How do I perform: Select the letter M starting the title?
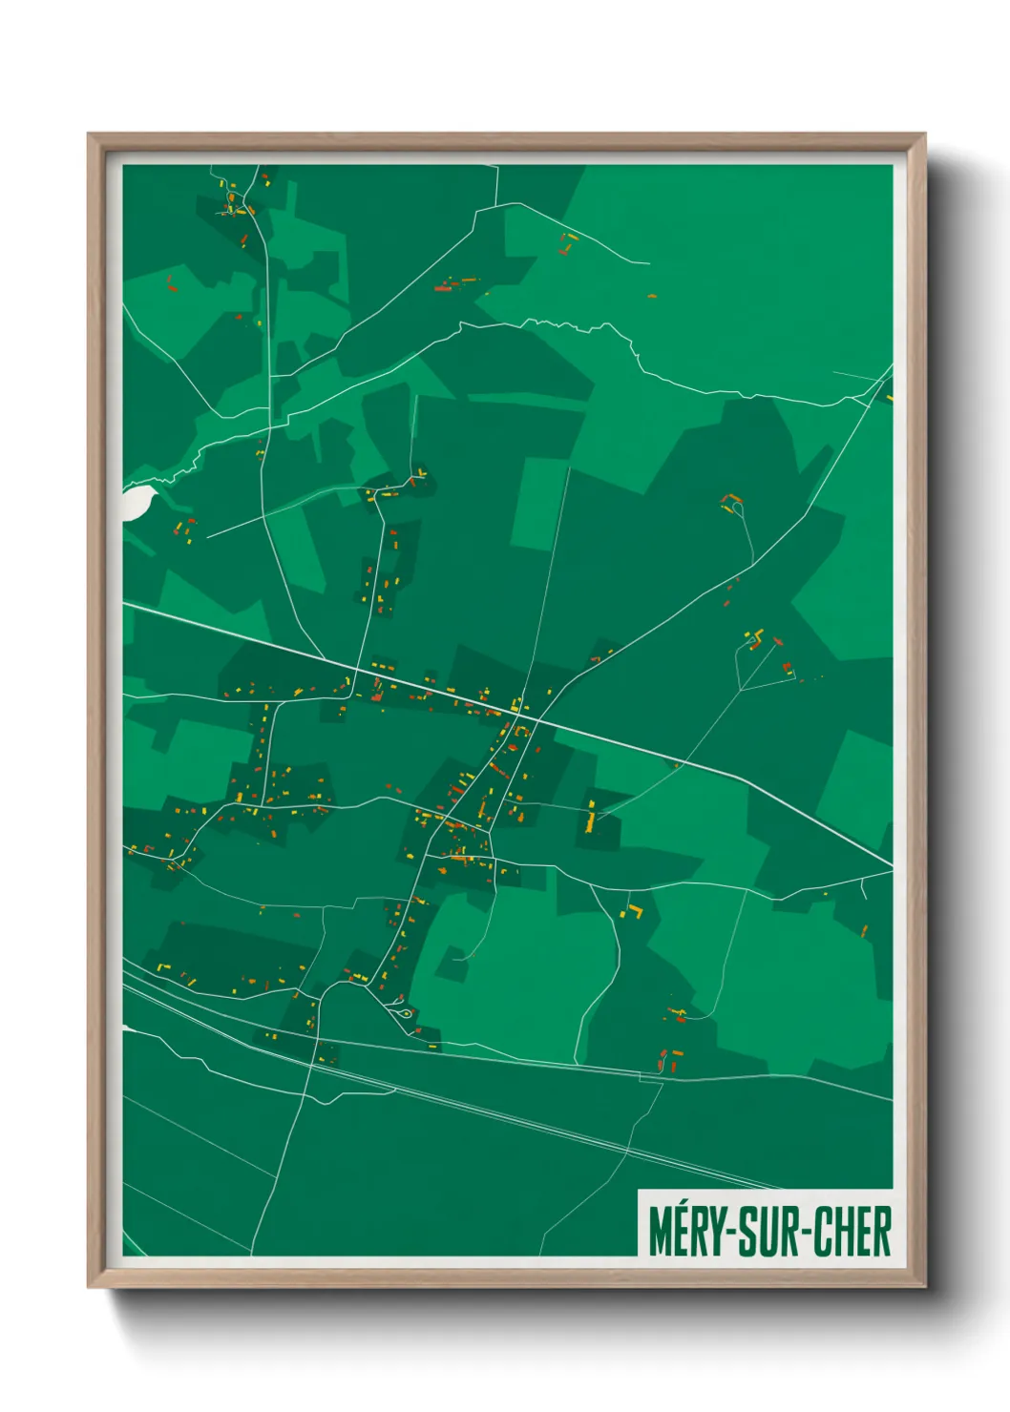[x=659, y=1232]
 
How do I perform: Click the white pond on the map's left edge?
[x=137, y=502]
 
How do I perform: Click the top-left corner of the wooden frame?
[x=90, y=135]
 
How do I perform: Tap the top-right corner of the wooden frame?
[x=924, y=135]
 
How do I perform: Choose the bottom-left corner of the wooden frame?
[x=90, y=1287]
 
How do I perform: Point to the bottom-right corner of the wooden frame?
[x=924, y=1287]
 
